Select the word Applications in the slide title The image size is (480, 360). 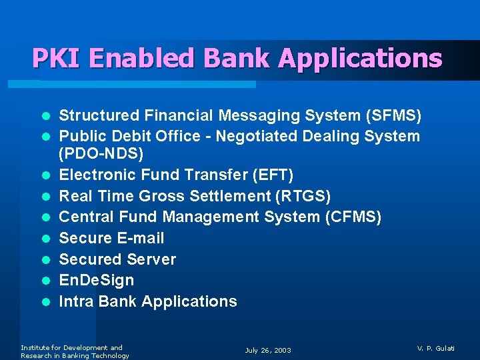coord(360,59)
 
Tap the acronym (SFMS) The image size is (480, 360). coord(393,116)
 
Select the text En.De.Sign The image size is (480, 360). coord(97,280)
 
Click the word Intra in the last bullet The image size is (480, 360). coord(76,301)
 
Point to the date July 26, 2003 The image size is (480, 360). coord(268,351)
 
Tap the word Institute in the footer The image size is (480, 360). coord(35,347)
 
